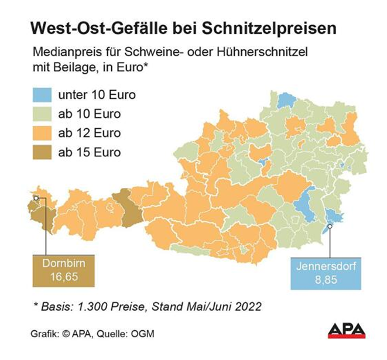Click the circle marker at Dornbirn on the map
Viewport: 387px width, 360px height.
(37, 198)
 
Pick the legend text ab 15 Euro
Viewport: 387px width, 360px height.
(90, 153)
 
